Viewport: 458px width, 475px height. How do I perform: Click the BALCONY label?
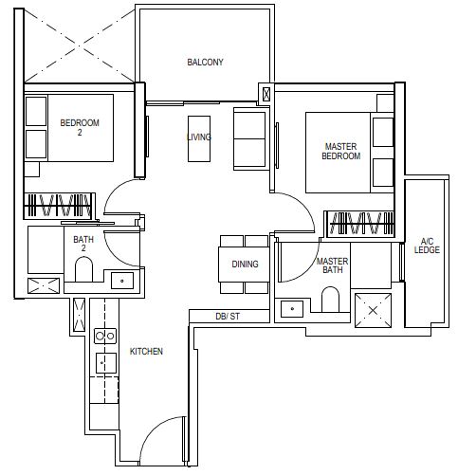point(205,62)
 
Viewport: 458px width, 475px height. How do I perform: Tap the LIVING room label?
point(199,137)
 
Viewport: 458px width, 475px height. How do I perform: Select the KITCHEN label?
point(146,351)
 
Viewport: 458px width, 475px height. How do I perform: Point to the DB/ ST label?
point(228,316)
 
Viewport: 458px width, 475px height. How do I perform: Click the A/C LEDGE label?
point(427,246)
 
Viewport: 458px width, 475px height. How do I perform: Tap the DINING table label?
point(245,264)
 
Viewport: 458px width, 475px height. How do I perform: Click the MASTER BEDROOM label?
point(340,151)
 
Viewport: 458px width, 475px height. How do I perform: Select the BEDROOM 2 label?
point(80,127)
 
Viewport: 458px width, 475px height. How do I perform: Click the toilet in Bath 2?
point(83,269)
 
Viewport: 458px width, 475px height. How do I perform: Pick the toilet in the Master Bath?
point(330,300)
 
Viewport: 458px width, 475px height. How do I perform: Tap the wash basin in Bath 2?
point(122,281)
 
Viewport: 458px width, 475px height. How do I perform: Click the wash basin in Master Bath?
point(292,309)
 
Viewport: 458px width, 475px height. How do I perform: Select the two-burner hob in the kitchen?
point(105,336)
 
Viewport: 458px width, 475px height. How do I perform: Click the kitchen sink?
point(106,363)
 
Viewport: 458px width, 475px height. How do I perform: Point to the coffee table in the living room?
point(199,138)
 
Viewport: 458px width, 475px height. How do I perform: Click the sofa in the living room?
point(249,138)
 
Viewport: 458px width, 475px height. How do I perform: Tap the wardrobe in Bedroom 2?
point(60,206)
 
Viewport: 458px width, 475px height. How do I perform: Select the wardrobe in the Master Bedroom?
point(359,224)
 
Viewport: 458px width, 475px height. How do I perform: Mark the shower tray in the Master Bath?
point(373,310)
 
